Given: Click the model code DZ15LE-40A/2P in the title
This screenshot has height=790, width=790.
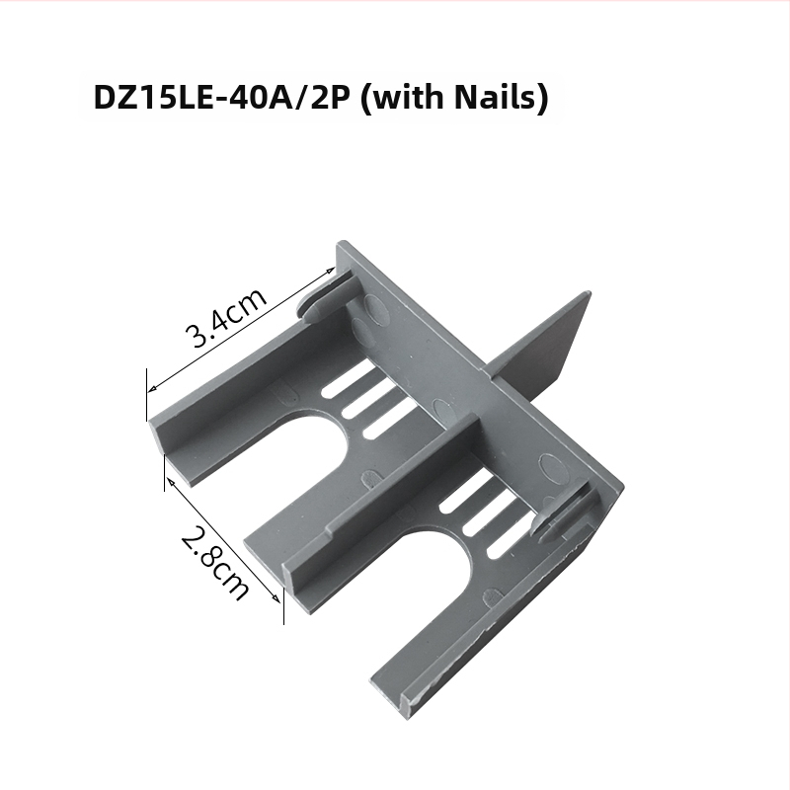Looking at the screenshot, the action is point(221,97).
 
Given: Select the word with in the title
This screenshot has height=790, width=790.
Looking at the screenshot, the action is point(407,96).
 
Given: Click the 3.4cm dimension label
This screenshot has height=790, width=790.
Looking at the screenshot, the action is point(225,317).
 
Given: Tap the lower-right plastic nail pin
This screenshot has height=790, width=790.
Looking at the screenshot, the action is point(559,513).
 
